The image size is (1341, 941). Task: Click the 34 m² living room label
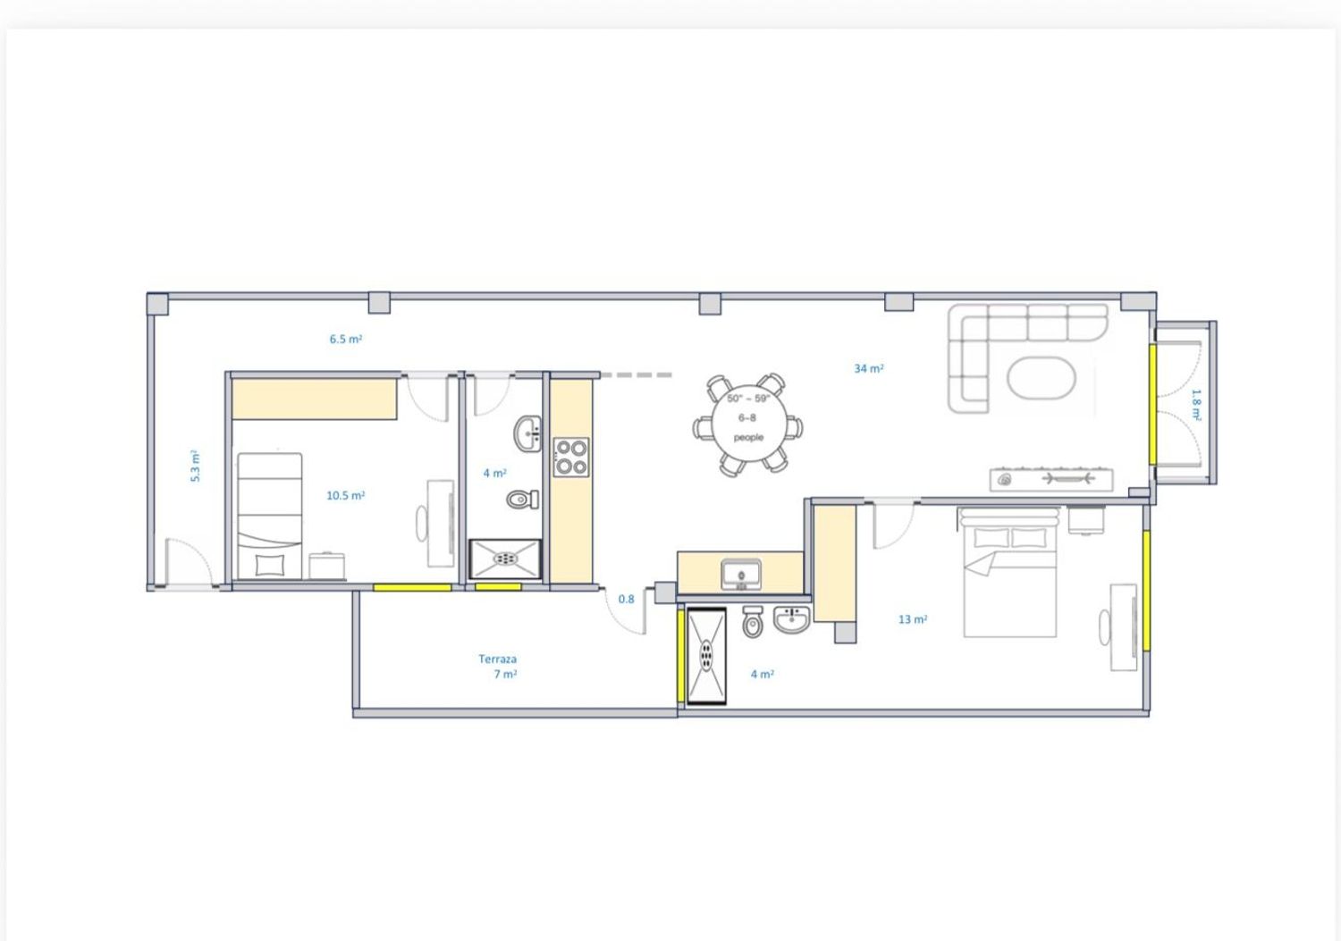pos(869,368)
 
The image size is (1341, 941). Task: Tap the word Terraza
pos(497,659)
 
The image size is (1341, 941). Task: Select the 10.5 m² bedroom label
pos(345,495)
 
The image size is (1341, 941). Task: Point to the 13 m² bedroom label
pos(913,619)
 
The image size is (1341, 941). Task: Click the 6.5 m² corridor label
pos(345,339)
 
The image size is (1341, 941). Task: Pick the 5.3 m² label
pos(195,466)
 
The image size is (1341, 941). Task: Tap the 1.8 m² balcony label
pos(1196,405)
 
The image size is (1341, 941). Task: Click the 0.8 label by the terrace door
pos(626,599)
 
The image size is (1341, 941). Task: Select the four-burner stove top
pos(571,458)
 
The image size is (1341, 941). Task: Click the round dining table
pos(749,424)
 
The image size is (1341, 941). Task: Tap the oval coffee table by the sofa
pos(1042,378)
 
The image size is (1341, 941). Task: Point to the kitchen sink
pos(741,574)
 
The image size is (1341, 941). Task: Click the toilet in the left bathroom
pos(522,499)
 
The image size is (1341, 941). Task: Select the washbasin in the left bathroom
pos(527,433)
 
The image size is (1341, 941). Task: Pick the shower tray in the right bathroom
pos(706,655)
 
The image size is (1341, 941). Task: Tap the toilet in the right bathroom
pos(753,622)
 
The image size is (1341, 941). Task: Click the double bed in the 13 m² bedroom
pos(1008,573)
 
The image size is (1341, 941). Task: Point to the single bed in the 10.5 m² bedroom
pos(269,516)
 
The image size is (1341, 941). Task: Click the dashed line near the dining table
pos(636,375)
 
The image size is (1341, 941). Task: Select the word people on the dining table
pos(749,438)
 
